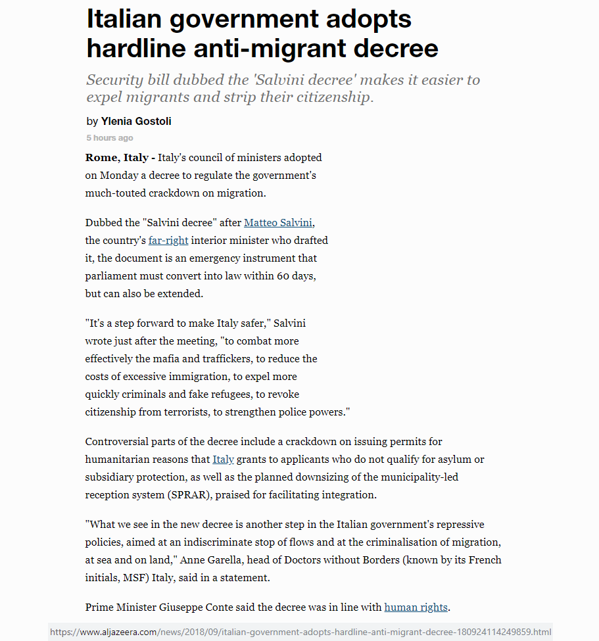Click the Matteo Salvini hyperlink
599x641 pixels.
[278, 223]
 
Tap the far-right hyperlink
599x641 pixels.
[168, 241]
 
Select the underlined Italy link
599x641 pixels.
[224, 460]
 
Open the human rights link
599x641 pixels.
[416, 607]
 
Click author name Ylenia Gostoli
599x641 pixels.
[136, 122]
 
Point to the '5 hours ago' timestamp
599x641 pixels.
[110, 138]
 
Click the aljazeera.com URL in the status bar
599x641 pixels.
[300, 632]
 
